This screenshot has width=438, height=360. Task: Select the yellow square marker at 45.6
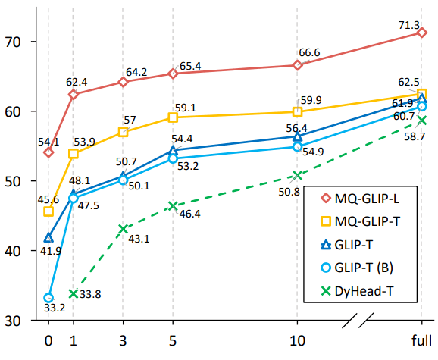(48, 211)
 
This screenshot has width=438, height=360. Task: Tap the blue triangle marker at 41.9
(48, 237)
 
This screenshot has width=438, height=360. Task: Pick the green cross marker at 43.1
(124, 229)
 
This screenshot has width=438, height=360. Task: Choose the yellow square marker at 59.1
(173, 117)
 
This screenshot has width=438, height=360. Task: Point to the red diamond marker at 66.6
(297, 65)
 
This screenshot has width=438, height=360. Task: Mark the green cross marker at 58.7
(421, 120)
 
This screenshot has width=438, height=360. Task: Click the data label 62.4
(77, 80)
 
